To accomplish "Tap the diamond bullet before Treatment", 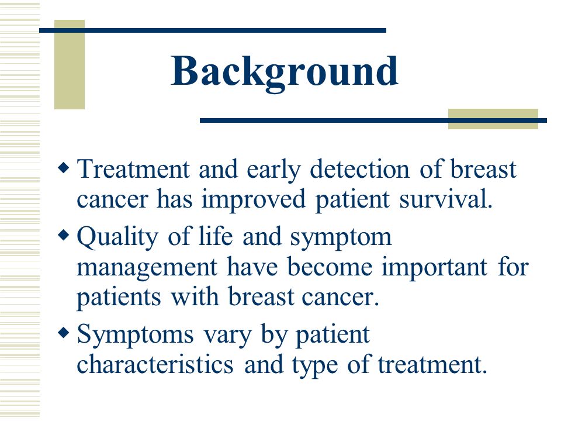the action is tap(63, 167).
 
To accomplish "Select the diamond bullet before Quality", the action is tap(63, 235).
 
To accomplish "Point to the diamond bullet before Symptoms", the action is tap(63, 333).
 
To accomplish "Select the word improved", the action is tap(254, 200).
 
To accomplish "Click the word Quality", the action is tap(117, 238).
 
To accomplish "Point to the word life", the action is tap(216, 236).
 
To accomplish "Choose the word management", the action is tap(147, 268).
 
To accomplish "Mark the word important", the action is tap(434, 268).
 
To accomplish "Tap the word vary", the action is tap(227, 336).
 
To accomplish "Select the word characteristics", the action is tap(155, 364).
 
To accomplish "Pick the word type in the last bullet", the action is tap(314, 366).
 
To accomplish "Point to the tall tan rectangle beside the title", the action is tap(70, 64).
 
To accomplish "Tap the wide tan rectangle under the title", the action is tap(493, 119).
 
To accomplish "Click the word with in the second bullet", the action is tap(195, 297).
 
